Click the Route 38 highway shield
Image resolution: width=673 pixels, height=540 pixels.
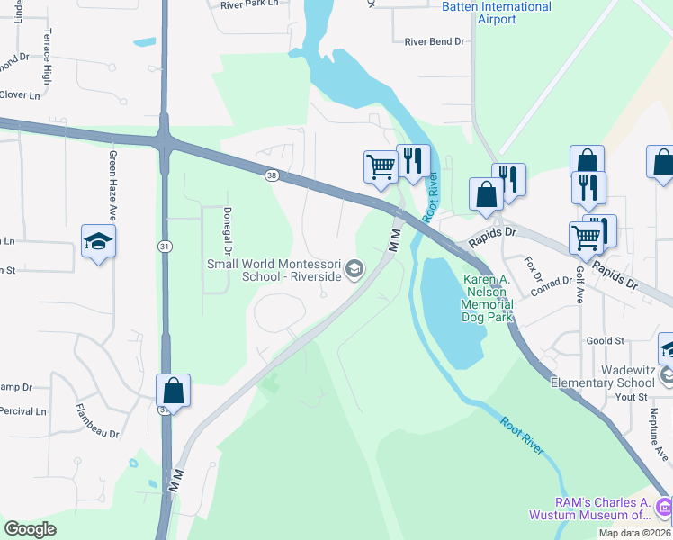click(x=272, y=175)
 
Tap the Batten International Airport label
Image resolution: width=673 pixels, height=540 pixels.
click(x=496, y=13)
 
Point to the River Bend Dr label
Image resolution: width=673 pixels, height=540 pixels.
click(x=434, y=41)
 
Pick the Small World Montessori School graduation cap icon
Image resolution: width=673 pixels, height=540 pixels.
click(x=355, y=269)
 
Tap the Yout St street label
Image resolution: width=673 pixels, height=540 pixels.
click(x=632, y=397)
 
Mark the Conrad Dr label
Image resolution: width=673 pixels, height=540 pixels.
click(x=552, y=286)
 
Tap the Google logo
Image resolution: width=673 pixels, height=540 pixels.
click(x=31, y=529)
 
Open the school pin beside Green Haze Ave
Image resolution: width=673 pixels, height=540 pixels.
click(x=98, y=241)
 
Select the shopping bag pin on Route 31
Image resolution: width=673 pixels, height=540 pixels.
click(x=174, y=391)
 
